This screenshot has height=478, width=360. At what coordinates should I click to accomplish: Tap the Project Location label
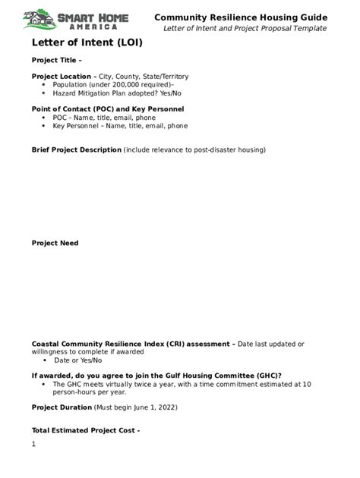point(64,77)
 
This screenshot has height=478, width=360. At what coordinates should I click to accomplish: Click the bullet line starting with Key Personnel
point(120,126)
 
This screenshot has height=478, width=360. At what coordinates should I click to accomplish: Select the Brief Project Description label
point(76,150)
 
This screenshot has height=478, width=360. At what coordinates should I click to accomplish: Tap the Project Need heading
point(55,244)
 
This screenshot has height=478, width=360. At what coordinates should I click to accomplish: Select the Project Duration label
point(62,407)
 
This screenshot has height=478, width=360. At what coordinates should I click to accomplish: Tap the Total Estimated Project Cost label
point(85,431)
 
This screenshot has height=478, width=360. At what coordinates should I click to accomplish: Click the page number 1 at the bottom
point(34,444)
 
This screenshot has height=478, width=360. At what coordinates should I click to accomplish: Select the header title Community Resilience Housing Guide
point(241,17)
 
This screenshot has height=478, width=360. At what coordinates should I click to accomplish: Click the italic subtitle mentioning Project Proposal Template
point(245,28)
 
